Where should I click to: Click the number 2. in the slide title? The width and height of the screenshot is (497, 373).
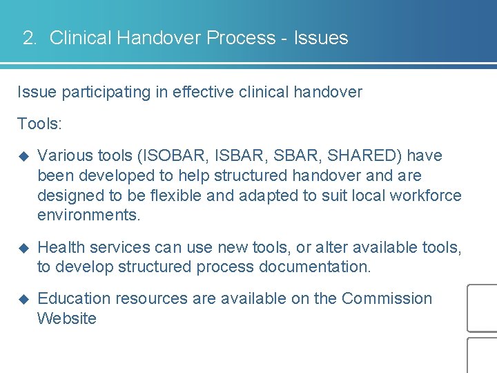(x=30, y=38)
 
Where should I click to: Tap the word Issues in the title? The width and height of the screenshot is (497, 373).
(x=321, y=38)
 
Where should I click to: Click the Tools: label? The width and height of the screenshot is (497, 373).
(x=39, y=124)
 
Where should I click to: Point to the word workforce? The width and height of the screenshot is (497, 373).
(x=425, y=195)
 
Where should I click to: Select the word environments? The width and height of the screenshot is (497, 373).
(x=88, y=215)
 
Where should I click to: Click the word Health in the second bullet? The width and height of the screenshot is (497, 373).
(x=60, y=247)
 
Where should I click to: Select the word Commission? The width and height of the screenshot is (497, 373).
(x=387, y=298)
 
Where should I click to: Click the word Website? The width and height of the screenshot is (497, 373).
(x=67, y=318)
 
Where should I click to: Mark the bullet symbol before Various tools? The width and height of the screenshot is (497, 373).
(x=22, y=156)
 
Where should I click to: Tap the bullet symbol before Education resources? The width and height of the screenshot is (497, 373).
(x=22, y=299)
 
